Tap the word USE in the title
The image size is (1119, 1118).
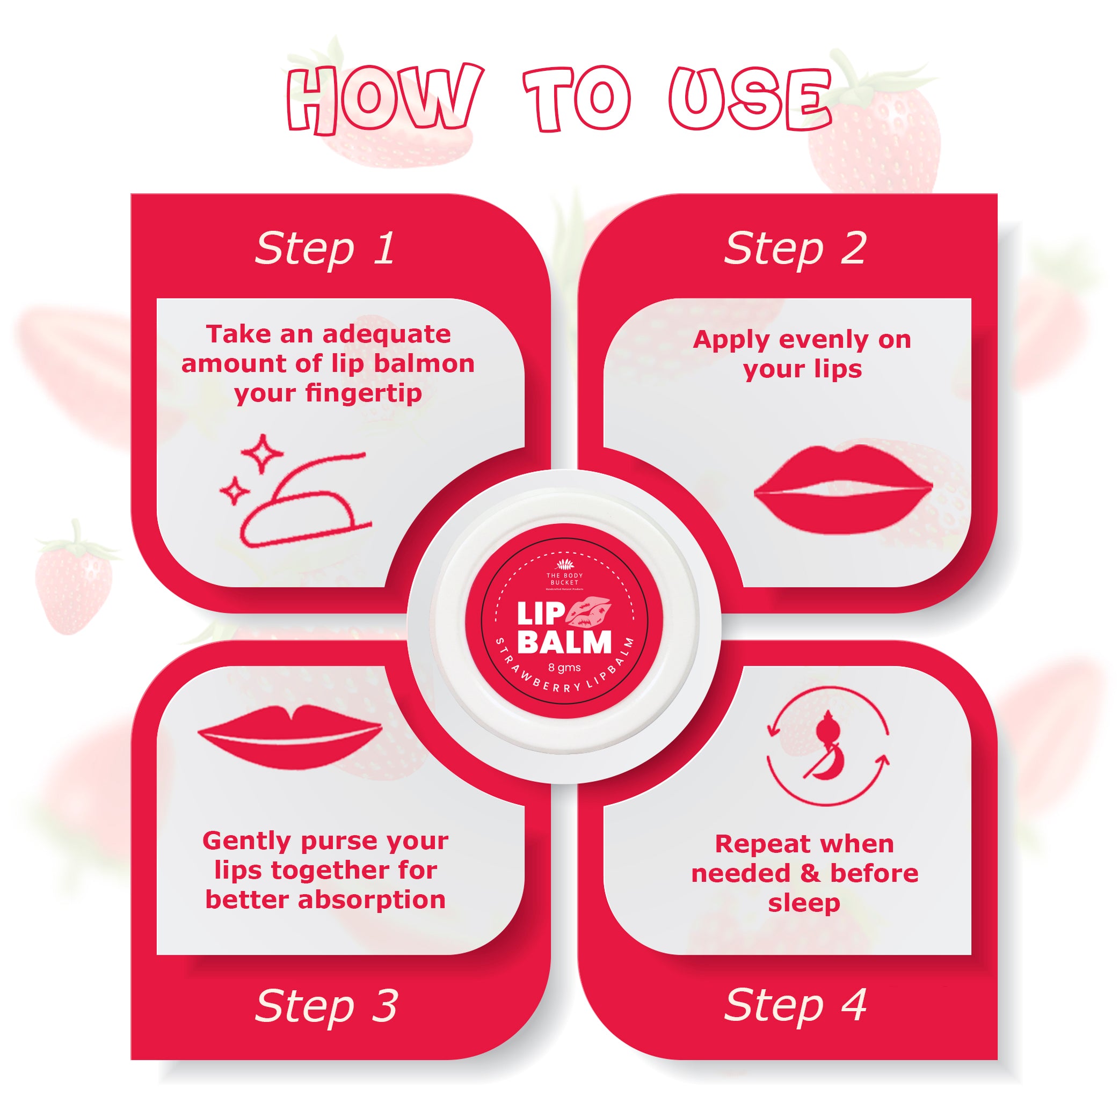(751, 98)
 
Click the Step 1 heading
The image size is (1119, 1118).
(325, 250)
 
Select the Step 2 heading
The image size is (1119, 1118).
(795, 250)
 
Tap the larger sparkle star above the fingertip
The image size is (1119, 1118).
(263, 454)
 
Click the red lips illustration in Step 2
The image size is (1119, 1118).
(842, 490)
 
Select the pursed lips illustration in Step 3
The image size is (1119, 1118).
(289, 736)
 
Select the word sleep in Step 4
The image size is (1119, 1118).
(804, 904)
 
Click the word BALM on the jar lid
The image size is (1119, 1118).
(564, 642)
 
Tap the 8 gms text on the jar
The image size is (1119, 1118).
(564, 668)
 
